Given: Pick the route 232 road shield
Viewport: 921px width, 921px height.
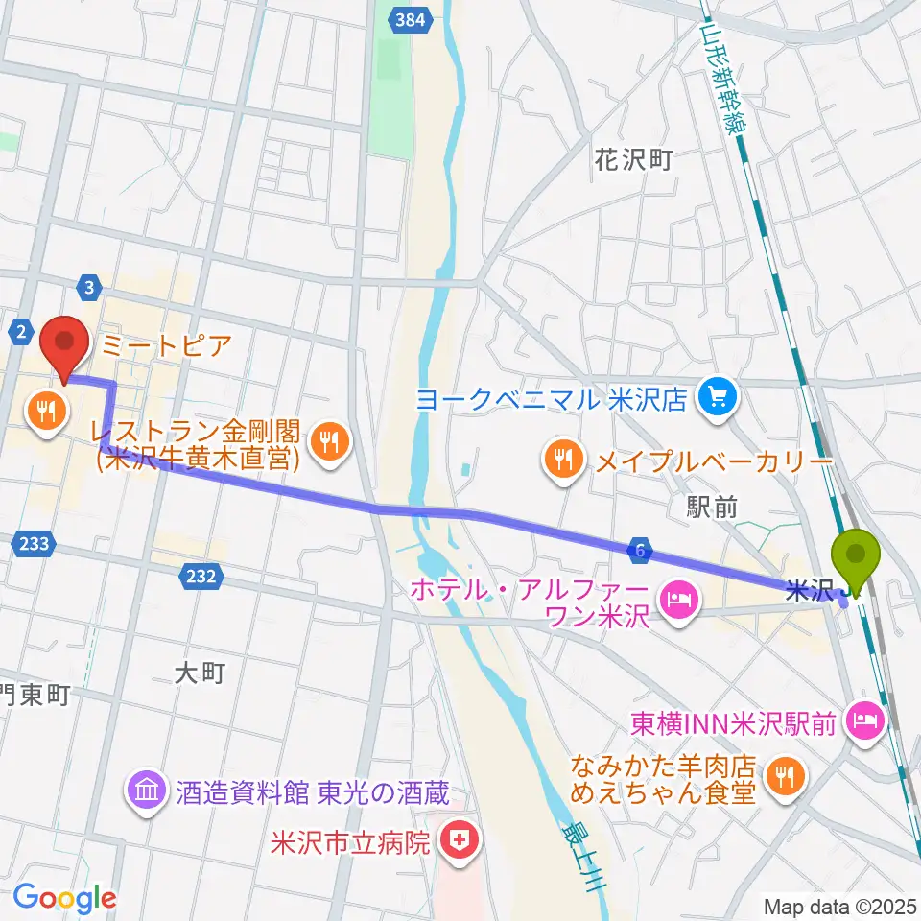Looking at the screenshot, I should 201,576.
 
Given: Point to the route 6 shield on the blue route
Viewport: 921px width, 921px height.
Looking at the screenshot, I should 641,550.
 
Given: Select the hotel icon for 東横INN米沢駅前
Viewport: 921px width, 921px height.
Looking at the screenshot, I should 866,721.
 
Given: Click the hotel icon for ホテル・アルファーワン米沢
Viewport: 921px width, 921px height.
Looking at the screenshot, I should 677,603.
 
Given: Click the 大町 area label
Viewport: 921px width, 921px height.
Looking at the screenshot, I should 201,673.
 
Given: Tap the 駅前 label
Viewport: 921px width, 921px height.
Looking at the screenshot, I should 713,508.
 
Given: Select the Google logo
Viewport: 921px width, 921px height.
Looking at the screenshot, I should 64,897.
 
